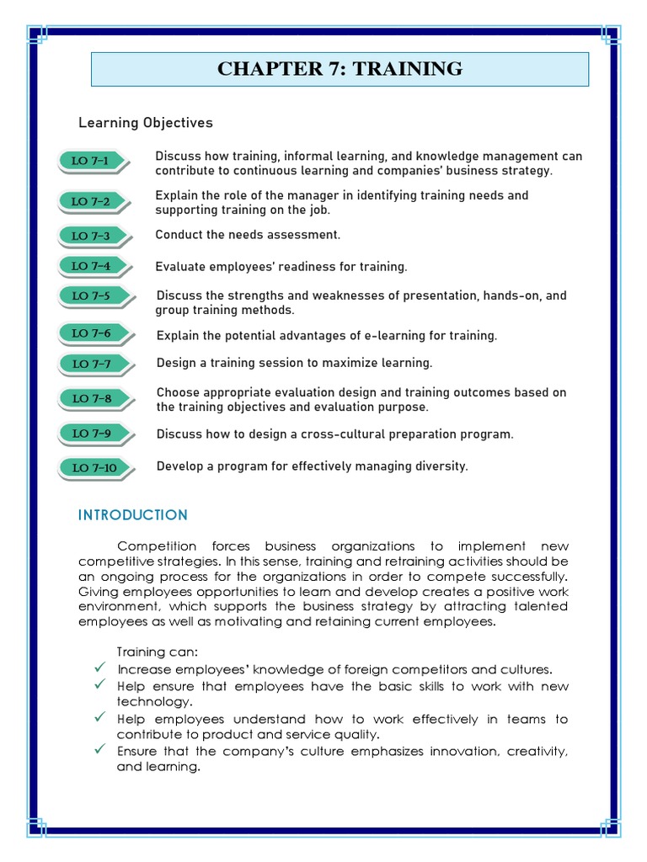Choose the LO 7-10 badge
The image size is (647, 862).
point(94,467)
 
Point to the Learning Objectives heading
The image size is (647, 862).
point(146,123)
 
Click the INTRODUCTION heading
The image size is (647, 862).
point(133,515)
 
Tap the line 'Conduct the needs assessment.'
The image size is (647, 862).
point(248,235)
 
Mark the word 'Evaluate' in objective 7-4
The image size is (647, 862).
point(180,267)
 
